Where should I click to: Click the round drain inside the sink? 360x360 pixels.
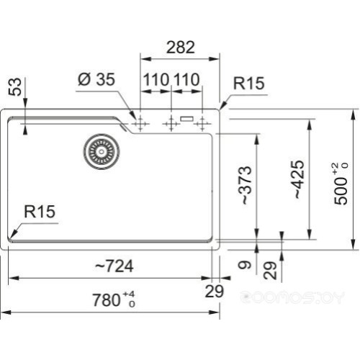click(99, 150)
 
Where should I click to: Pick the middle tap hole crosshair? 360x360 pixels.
click(171, 124)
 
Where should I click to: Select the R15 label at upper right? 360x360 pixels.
click(248, 84)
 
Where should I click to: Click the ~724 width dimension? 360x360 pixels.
click(114, 266)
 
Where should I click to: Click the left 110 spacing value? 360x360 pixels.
click(155, 79)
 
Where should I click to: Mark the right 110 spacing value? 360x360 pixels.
click(186, 79)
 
